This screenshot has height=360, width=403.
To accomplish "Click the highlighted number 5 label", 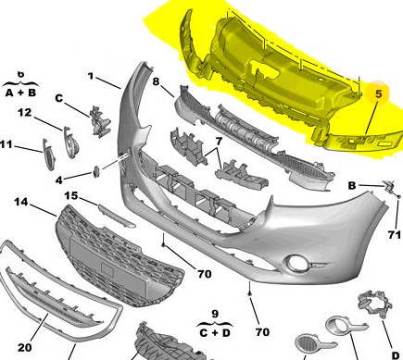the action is [379, 94].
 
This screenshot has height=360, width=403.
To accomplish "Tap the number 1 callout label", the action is [91, 76].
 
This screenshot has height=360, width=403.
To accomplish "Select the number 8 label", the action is [157, 81].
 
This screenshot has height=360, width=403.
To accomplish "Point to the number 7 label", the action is [219, 142].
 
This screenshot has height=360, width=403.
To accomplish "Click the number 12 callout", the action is [25, 113].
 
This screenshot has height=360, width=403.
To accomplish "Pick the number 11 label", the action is [6, 144].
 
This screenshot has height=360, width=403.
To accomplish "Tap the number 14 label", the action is [21, 202].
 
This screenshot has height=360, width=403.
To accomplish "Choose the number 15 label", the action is [71, 195].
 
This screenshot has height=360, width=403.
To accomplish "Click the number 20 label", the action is [25, 348].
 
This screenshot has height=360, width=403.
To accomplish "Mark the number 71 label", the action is [395, 235].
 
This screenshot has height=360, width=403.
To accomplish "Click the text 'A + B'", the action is [20, 93].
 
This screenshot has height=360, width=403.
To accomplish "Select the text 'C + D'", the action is [215, 333].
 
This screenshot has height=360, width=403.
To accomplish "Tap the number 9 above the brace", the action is [215, 314].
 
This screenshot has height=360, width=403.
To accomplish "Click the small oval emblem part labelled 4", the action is [96, 171].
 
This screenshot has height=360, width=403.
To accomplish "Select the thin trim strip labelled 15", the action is [117, 215].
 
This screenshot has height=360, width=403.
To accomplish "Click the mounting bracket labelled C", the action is [100, 120].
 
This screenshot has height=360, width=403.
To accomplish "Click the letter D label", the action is [396, 355].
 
